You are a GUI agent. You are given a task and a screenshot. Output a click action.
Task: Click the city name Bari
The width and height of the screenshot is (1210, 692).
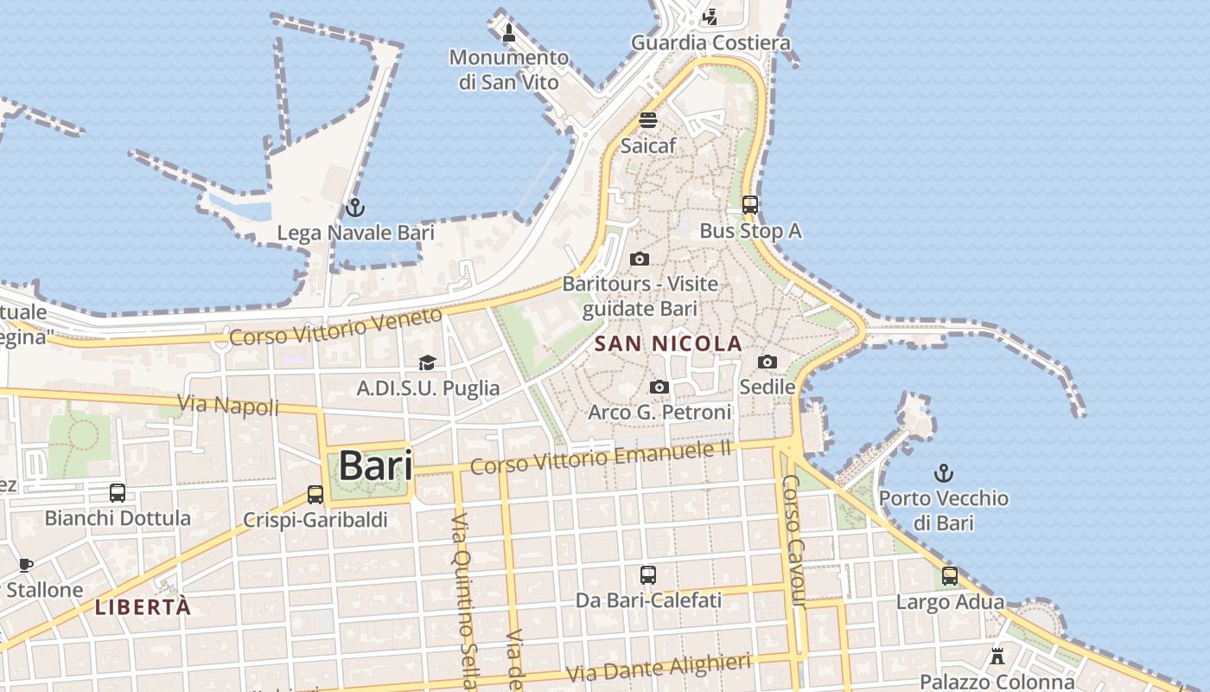point(374,465)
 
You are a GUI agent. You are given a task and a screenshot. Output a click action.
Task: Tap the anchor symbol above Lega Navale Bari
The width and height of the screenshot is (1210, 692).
point(354,208)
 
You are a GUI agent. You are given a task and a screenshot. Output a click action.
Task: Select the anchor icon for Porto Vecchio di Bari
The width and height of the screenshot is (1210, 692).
point(944,473)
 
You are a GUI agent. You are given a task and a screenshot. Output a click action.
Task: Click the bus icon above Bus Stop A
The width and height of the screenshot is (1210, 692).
point(750,205)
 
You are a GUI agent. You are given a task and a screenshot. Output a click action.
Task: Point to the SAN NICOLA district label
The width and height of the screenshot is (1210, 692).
point(669,343)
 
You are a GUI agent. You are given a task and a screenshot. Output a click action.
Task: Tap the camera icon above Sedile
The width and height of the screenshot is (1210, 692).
point(767,362)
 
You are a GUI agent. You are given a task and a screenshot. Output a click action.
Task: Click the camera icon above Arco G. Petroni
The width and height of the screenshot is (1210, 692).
point(659,387)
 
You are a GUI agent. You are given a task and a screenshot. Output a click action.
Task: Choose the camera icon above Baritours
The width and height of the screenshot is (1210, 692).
point(640,259)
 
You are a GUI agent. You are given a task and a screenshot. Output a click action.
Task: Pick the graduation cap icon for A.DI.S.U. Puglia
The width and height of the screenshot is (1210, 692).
point(427,362)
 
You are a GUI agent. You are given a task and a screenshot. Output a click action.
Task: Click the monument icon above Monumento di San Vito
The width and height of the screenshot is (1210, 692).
point(509,34)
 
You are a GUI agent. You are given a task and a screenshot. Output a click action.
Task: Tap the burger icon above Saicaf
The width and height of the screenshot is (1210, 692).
point(648,120)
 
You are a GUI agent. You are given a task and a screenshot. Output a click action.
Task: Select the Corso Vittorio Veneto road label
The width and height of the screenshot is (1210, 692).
point(336,327)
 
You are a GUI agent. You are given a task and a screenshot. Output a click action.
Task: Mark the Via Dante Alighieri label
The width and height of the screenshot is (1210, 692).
point(659,667)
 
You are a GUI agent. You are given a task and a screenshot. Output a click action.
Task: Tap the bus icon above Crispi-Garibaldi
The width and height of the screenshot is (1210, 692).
point(315,495)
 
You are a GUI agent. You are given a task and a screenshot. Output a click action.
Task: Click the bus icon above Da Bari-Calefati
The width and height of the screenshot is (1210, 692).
point(648,574)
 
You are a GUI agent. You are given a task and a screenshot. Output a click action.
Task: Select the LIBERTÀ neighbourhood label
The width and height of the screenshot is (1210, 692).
point(143,607)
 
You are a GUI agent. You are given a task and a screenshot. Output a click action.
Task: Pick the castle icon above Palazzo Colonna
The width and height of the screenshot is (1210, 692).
point(997,656)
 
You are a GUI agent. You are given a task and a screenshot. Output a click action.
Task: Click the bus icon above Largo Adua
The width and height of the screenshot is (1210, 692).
point(950,576)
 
